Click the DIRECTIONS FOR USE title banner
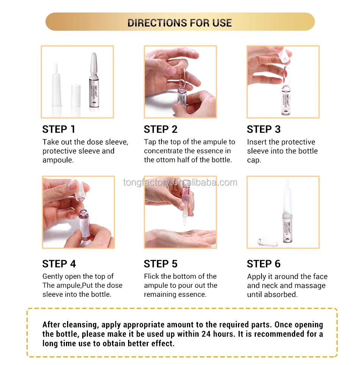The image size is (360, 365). tap(180, 22)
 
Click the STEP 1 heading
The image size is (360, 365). tap(59, 129)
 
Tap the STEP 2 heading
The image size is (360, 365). tap(161, 129)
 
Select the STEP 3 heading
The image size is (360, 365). tap(264, 129)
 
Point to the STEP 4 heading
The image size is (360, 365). tap(59, 264)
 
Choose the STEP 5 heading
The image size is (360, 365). tap(161, 264)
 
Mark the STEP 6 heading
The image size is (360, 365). tap(264, 264)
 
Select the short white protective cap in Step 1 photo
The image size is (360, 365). tap(76, 96)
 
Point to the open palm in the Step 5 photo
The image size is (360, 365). tap(180, 237)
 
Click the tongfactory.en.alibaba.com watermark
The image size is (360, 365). tap(180, 182)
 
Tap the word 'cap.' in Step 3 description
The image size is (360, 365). tap(254, 160)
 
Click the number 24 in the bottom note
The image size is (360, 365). tap(207, 334)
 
